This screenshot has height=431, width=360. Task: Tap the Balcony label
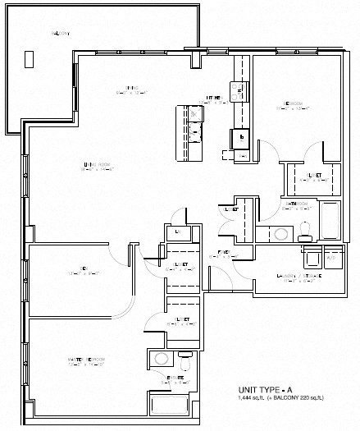coord(60,33)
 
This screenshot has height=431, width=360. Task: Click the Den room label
coord(84,266)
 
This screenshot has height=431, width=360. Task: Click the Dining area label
coord(131,89)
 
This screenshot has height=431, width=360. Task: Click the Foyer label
coord(223,253)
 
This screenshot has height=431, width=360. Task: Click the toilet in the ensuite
coord(184,359)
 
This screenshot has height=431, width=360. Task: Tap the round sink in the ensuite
coord(162,359)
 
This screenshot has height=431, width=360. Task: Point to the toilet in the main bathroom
coord(304,231)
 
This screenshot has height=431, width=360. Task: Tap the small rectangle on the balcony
coord(30,58)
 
